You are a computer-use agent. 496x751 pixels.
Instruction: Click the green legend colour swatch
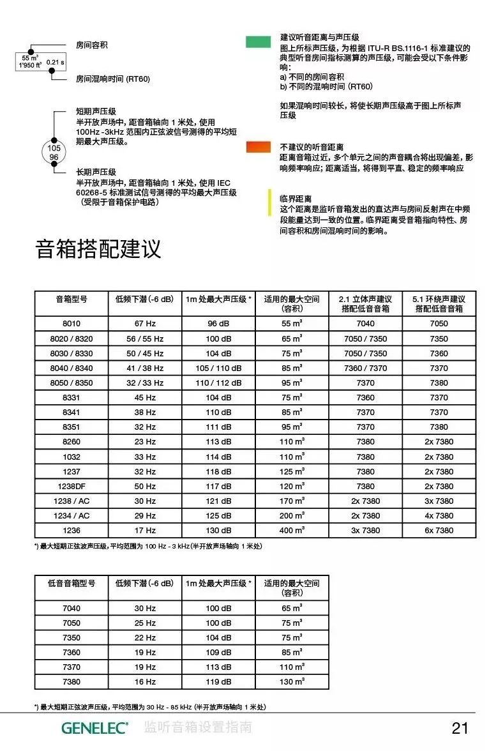[259, 42]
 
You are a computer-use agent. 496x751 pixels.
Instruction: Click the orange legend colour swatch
[259, 147]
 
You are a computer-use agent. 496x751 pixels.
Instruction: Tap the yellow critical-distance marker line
[270, 202]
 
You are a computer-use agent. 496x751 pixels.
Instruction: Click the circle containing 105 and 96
[54, 152]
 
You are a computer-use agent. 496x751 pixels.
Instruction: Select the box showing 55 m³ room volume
[30, 61]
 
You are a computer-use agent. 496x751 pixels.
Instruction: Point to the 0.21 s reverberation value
[56, 62]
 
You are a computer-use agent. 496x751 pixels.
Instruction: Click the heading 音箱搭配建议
[98, 249]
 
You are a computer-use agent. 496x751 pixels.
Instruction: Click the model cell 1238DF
[71, 486]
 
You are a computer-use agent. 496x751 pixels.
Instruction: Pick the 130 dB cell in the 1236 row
[218, 531]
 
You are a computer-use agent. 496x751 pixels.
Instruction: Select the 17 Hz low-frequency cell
[145, 531]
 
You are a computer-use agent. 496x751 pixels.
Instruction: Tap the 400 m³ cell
[292, 531]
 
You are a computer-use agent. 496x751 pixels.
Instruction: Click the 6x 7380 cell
[439, 531]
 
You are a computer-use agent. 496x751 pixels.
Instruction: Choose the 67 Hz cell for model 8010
[145, 324]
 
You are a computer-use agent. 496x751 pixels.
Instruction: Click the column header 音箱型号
[71, 300]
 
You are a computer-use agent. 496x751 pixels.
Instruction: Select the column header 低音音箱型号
[71, 583]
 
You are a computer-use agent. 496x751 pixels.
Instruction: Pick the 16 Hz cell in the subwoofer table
[145, 682]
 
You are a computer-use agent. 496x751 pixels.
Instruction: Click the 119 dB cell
[218, 682]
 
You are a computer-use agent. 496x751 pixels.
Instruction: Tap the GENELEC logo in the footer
[94, 727]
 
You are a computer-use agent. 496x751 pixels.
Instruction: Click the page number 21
[460, 728]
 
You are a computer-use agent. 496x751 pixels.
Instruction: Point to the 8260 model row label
[71, 442]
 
